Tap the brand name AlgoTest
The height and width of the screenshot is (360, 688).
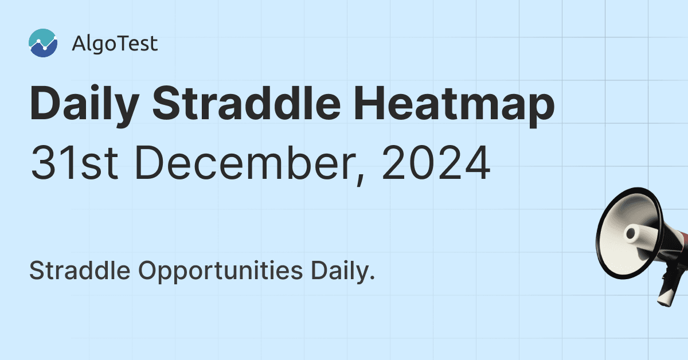point(115,44)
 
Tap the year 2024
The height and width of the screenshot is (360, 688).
point(435,162)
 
